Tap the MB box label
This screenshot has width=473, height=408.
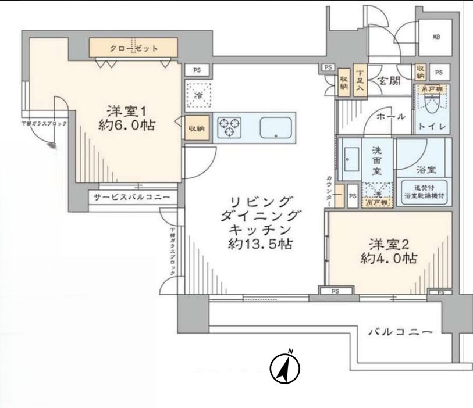tap(435, 38)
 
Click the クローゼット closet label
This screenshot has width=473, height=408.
tap(134, 48)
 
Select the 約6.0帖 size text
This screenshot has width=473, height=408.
tap(127, 125)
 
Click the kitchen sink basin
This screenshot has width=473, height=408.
tap(277, 127)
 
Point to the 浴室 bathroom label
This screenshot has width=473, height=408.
tap(426, 170)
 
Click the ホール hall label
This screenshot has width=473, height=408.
tap(390, 117)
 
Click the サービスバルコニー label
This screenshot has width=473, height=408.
tap(132, 198)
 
